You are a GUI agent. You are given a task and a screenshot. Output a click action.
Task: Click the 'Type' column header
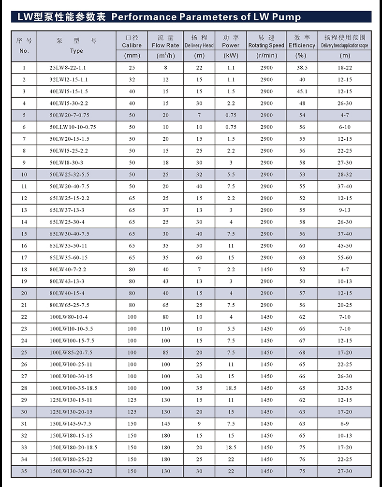(x=76, y=51)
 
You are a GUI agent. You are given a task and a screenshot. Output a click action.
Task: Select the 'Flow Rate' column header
(x=165, y=45)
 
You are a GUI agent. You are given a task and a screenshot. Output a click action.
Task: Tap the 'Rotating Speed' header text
(x=266, y=45)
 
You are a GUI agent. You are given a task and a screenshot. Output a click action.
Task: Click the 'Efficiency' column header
(x=302, y=45)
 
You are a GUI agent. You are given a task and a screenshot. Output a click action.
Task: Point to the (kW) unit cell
(x=231, y=56)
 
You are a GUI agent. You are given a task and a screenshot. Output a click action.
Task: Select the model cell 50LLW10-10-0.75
(x=73, y=127)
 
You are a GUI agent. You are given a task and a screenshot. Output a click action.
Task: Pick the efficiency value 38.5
(x=302, y=68)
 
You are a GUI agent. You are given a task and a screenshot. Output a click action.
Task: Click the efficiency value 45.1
(x=302, y=91)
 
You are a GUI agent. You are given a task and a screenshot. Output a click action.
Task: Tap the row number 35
(x=24, y=471)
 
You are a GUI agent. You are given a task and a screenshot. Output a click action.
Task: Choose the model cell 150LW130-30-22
(x=71, y=471)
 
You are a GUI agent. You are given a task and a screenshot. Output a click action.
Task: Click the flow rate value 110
(x=165, y=329)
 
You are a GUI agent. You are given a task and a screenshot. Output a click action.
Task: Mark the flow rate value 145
(x=165, y=424)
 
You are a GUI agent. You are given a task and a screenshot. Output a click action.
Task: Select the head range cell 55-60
(x=345, y=258)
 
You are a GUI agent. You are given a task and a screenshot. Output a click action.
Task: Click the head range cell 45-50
(x=345, y=246)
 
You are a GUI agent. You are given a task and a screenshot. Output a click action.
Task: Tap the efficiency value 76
(x=302, y=459)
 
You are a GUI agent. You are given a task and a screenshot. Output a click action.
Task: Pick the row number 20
(x=24, y=293)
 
